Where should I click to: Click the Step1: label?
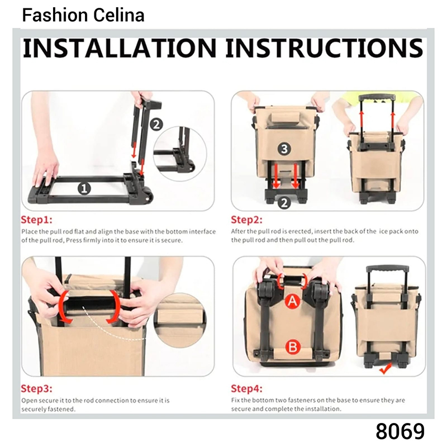click(36, 220)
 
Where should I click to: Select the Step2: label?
click(246, 220)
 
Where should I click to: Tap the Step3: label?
click(36, 388)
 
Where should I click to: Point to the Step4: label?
click(246, 388)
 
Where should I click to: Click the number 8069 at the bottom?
click(400, 431)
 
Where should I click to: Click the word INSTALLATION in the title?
click(120, 48)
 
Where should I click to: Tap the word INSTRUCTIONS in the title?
click(325, 48)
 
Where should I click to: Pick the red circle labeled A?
click(293, 301)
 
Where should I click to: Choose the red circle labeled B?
click(293, 347)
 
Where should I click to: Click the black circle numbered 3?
click(284, 149)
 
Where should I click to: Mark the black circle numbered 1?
click(84, 188)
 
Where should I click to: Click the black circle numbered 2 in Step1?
click(156, 125)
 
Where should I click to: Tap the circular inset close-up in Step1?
click(180, 154)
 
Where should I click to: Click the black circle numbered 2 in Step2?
click(284, 203)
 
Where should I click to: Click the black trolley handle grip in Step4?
click(387, 269)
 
